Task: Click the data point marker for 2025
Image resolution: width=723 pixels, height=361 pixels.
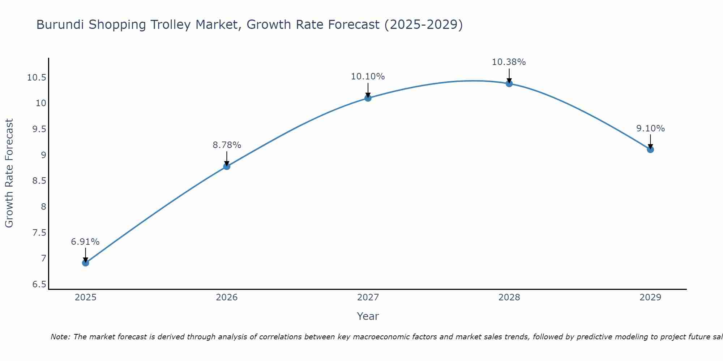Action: click(x=85, y=263)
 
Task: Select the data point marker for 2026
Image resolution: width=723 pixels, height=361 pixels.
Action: click(x=227, y=166)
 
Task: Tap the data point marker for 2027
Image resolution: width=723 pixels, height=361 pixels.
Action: click(x=368, y=98)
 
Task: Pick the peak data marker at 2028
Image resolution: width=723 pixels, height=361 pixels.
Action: click(x=509, y=83)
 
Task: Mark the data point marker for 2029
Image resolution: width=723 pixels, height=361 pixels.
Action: click(x=650, y=149)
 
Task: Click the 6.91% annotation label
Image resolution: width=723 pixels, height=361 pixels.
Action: click(x=85, y=242)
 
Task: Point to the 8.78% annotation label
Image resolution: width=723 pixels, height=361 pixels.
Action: click(x=227, y=145)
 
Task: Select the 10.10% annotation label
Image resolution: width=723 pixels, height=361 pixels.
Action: click(x=368, y=77)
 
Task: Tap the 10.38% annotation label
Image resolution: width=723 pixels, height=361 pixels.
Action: click(x=509, y=62)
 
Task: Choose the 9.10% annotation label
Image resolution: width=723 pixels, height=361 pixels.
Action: click(x=650, y=129)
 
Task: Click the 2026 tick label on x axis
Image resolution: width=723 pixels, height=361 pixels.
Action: click(x=227, y=297)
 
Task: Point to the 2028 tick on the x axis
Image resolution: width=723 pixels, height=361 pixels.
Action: click(x=509, y=297)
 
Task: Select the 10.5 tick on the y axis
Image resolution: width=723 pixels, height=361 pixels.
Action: click(x=37, y=78)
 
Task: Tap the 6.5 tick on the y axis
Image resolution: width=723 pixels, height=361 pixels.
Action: click(x=39, y=284)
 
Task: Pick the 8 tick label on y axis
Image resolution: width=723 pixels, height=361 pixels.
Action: click(x=44, y=207)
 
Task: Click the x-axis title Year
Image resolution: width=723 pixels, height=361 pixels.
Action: click(x=368, y=316)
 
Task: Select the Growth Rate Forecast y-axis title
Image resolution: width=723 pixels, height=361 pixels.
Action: click(x=9, y=173)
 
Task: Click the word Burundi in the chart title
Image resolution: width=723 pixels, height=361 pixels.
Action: click(x=60, y=25)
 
